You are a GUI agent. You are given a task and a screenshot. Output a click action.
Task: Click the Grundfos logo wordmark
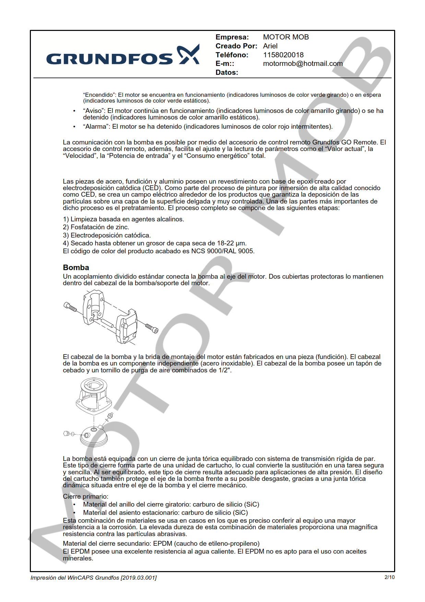tap(109, 59)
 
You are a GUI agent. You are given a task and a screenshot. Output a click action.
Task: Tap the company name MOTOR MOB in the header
tap(286, 37)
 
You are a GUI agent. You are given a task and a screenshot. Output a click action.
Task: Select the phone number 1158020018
tap(283, 55)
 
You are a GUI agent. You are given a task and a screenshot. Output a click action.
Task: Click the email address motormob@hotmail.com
tap(303, 63)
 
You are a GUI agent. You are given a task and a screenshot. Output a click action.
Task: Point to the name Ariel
tap(270, 46)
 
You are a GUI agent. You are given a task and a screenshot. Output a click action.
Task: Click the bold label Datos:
tap(226, 72)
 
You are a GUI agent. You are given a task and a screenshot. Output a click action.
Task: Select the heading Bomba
tap(76, 267)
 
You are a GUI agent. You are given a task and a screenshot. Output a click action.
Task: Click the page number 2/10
tap(389, 577)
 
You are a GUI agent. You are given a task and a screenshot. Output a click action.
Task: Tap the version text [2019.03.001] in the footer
tap(139, 578)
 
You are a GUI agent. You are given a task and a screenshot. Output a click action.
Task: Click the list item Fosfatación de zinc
tap(100, 227)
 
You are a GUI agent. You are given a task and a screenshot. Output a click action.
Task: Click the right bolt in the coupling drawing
tap(152, 328)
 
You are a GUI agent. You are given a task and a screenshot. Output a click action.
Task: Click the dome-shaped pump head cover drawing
tap(94, 436)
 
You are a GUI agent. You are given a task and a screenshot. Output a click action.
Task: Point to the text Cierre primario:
tap(85, 496)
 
